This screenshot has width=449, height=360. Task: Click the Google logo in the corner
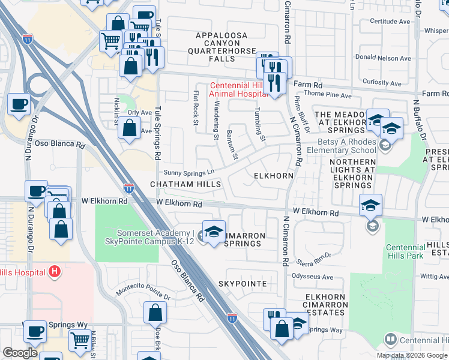[x=20, y=353]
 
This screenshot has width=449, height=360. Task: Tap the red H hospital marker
[x=55, y=272]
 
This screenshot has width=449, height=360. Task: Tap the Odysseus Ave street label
[x=312, y=277]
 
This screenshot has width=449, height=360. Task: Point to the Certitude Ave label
[x=390, y=21]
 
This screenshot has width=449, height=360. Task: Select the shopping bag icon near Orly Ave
[x=129, y=128]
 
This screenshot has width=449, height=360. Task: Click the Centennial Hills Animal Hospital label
[x=238, y=89]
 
